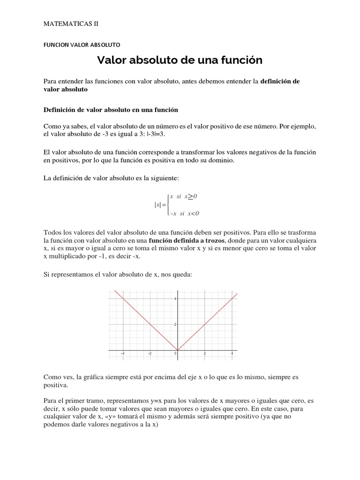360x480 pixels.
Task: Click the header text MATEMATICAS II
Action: click(x=70, y=23)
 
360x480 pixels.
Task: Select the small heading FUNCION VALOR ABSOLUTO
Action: click(x=82, y=45)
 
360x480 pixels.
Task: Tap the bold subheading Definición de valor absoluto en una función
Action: click(x=111, y=110)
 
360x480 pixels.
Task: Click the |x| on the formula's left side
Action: click(x=157, y=205)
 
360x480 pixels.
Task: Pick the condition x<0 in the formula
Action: click(x=192, y=214)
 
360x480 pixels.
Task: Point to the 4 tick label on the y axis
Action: click(x=175, y=299)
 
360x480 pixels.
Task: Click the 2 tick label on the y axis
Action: click(x=175, y=325)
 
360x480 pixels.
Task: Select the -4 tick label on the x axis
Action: click(x=123, y=354)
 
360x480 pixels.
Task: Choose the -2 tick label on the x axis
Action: click(x=150, y=354)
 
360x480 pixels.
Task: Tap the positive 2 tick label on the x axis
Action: click(x=205, y=354)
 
